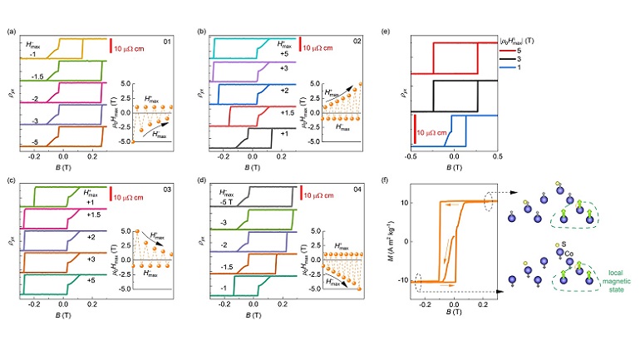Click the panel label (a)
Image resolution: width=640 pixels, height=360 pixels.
11,32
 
